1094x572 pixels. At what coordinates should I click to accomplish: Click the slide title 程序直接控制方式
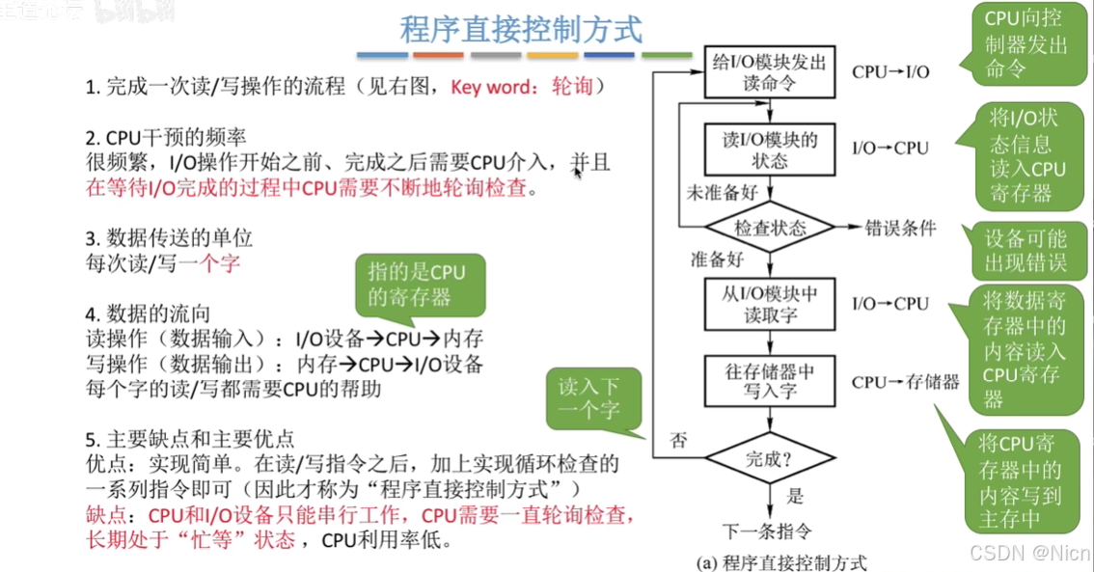coord(521,28)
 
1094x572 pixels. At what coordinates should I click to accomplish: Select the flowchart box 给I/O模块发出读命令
coord(769,71)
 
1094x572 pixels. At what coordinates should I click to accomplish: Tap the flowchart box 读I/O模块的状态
coord(769,149)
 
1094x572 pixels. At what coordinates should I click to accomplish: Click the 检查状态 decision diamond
coord(770,228)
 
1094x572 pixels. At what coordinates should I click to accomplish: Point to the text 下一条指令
coord(768,530)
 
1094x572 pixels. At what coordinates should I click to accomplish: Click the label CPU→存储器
coord(905,382)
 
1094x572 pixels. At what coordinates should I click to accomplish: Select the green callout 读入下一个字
coord(589,398)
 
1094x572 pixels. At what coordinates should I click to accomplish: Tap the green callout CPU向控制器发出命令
coord(1026,43)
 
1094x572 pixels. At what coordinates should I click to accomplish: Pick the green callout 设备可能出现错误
coord(1025,250)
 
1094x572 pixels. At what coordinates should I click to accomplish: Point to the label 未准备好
coord(722,193)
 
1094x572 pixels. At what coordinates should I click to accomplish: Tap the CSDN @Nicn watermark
coord(1030,553)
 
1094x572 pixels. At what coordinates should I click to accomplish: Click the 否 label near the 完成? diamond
coord(679,441)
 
